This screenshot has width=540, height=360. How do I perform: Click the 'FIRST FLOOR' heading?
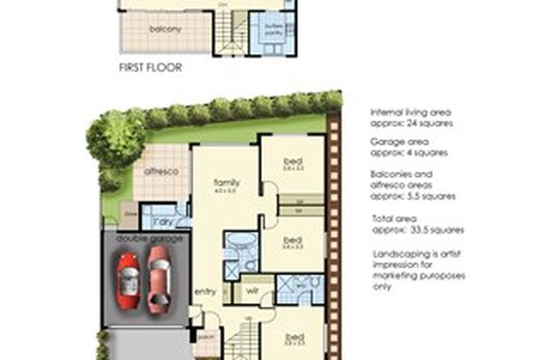coord(151,68)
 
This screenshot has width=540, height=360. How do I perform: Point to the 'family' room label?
coord(226,182)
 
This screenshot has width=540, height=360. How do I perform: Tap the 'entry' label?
coord(204,290)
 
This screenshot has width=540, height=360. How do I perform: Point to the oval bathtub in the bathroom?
coord(241,244)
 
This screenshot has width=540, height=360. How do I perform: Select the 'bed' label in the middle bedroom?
coord(291,240)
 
